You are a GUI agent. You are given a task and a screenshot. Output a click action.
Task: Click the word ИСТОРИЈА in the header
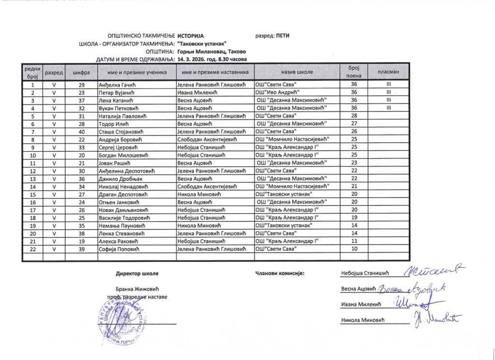coord(191,36)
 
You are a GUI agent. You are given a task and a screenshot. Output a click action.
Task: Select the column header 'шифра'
coord(81,72)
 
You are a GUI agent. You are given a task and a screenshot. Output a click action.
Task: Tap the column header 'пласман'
coord(388,72)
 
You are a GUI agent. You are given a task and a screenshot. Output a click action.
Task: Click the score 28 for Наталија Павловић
coord(354,116)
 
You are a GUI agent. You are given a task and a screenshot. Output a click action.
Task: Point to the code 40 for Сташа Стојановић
coord(81,131)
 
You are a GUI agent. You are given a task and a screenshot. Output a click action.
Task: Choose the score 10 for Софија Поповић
coord(354,248)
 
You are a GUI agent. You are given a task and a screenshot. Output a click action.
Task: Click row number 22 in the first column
coord(32,248)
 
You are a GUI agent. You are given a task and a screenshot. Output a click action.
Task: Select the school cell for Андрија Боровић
coord(292,139)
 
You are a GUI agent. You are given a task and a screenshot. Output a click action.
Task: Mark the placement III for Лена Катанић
coord(388,101)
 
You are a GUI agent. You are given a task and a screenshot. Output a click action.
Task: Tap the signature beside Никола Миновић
coord(437,318)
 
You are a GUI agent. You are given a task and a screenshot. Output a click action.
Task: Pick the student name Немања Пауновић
coord(119,225)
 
